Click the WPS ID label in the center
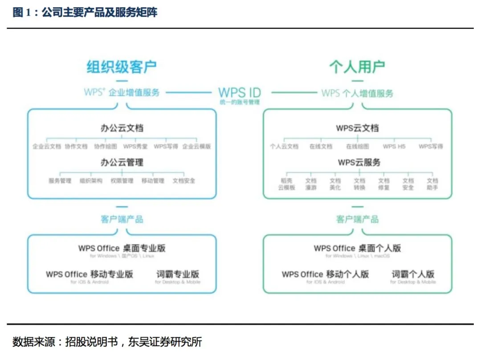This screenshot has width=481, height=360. tap(239, 93)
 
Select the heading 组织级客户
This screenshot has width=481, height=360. tap(121, 67)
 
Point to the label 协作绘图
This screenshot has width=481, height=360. tap(106, 146)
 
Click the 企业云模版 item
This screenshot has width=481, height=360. tap(196, 146)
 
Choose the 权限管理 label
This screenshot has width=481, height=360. tap(122, 181)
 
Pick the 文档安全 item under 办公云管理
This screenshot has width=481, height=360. tap(184, 181)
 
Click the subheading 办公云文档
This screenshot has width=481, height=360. tap(122, 129)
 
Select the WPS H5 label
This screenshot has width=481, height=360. tap(394, 146)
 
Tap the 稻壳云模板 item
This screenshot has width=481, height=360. tap(287, 184)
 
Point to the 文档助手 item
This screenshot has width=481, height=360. tap(432, 184)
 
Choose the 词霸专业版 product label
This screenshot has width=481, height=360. tap(178, 274)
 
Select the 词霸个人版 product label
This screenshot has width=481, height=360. tap(413, 274)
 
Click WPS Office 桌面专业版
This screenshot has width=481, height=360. tap(122, 248)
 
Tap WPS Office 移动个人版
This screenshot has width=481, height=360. tap(325, 274)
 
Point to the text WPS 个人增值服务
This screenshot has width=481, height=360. tap(357, 93)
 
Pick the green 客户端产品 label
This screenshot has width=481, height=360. tap(357, 219)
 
